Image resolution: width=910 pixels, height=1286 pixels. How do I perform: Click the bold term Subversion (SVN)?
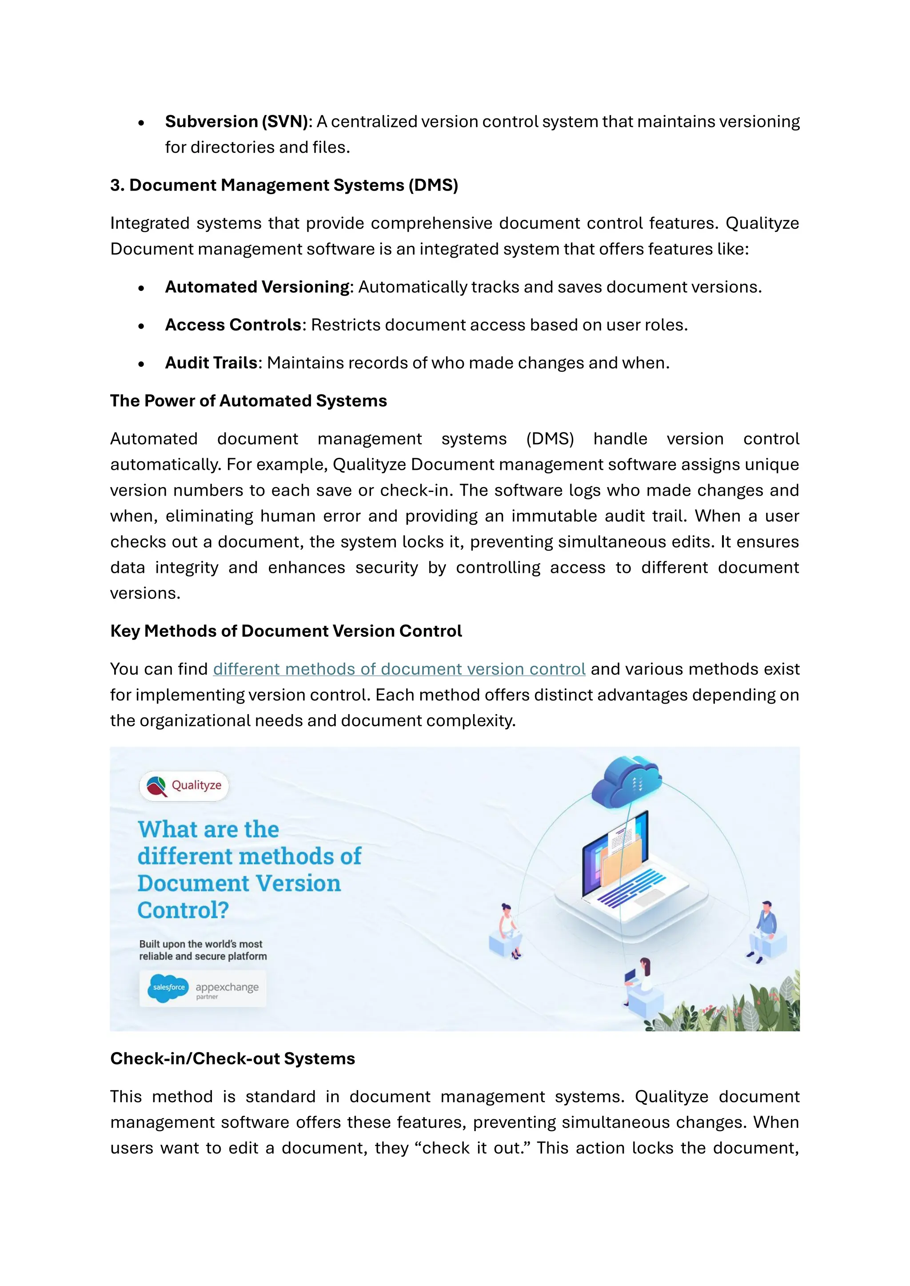point(236,122)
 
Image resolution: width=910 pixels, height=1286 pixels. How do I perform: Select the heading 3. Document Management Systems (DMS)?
point(284,185)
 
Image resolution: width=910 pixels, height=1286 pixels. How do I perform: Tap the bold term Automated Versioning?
point(258,287)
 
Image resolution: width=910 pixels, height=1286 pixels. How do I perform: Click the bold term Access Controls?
point(233,325)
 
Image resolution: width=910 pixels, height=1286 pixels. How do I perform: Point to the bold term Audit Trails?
point(211,363)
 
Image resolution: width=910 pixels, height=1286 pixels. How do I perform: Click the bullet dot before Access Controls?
point(141,326)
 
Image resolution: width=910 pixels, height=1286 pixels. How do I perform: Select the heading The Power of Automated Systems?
point(248,401)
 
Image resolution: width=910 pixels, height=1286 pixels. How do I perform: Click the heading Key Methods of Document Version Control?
point(286,631)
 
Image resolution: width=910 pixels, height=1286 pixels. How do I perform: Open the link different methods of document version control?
point(399,669)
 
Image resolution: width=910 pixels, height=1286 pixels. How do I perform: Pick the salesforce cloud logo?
point(168,988)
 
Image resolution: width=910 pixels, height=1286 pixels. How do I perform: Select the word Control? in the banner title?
point(183,910)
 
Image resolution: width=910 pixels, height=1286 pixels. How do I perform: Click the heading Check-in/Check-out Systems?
point(232,1059)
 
